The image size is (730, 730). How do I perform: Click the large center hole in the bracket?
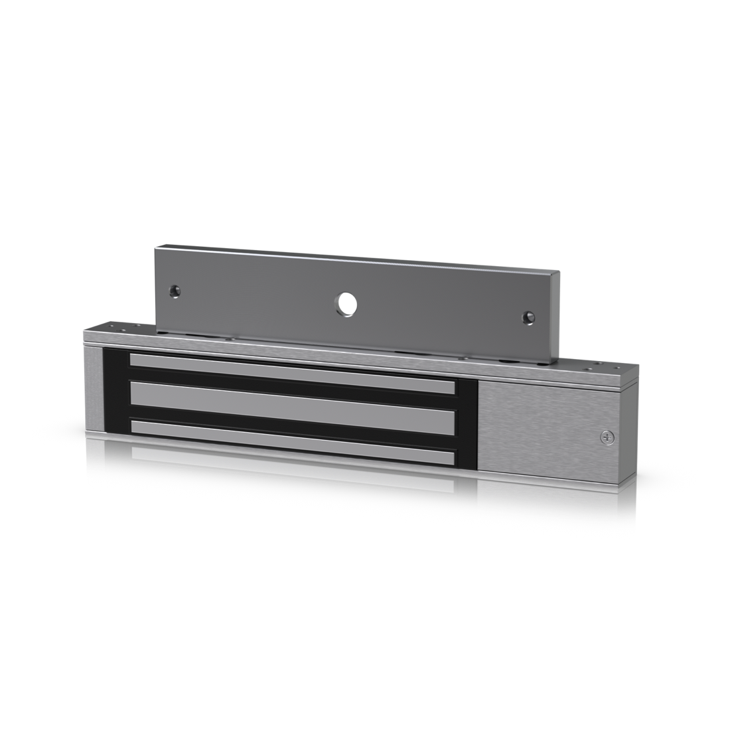point(346,302)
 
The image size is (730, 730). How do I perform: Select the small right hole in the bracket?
point(528,317)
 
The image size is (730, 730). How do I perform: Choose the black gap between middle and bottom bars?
point(292,419)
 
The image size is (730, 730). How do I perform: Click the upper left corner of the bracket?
point(157,251)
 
